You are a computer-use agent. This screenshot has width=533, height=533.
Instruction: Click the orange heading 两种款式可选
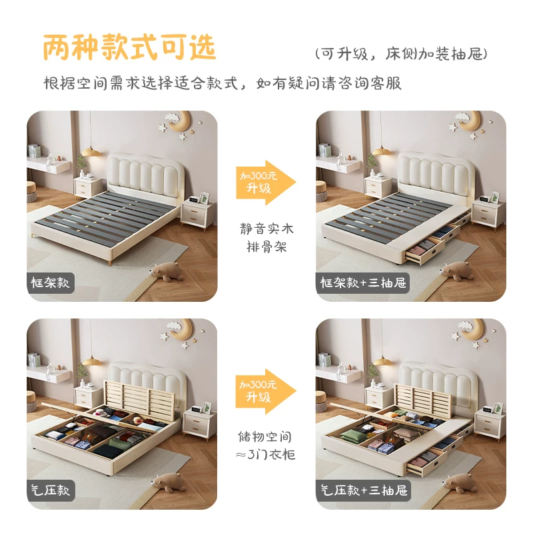(x=129, y=47)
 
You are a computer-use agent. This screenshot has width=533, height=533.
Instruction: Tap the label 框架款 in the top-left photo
(x=50, y=282)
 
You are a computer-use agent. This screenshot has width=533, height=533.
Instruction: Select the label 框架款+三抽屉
(x=363, y=282)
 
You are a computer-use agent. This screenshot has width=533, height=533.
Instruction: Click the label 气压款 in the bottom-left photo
(x=50, y=490)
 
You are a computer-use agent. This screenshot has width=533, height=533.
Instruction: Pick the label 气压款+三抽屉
(x=364, y=490)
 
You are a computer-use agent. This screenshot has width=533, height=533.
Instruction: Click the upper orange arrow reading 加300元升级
(x=266, y=182)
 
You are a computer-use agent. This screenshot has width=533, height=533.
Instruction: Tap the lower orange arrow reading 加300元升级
(x=266, y=391)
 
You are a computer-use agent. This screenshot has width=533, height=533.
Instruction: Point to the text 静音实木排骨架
(x=266, y=238)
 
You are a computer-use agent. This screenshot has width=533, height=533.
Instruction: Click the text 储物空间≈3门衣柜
(x=265, y=445)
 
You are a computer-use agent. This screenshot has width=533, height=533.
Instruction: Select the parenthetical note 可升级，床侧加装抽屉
(x=401, y=54)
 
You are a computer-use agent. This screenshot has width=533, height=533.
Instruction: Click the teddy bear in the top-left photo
(x=166, y=271)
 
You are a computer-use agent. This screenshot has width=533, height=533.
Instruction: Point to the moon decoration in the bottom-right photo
(x=472, y=329)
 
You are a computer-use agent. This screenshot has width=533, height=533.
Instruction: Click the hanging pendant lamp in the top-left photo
(x=91, y=151)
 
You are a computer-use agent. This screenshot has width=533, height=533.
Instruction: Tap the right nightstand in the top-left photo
(x=197, y=215)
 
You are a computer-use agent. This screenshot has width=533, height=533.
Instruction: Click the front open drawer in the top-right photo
(x=425, y=252)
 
